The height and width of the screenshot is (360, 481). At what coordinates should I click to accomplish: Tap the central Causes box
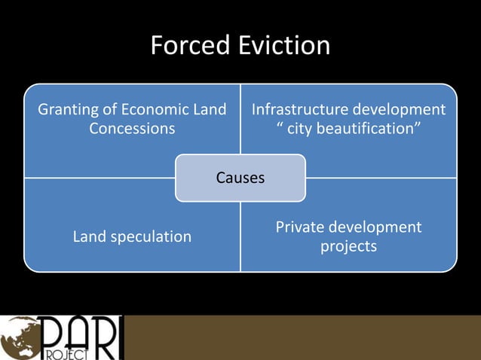pyautogui.click(x=240, y=178)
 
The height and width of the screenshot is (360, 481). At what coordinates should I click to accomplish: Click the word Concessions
pyautogui.click(x=132, y=129)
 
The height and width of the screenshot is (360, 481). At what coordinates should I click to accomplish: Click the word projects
pyautogui.click(x=348, y=246)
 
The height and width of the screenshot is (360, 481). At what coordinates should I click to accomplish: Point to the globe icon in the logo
pyautogui.click(x=17, y=337)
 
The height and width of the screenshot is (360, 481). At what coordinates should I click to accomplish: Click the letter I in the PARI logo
pyautogui.click(x=115, y=337)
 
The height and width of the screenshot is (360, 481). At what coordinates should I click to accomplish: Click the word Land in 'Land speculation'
pyautogui.click(x=89, y=236)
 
